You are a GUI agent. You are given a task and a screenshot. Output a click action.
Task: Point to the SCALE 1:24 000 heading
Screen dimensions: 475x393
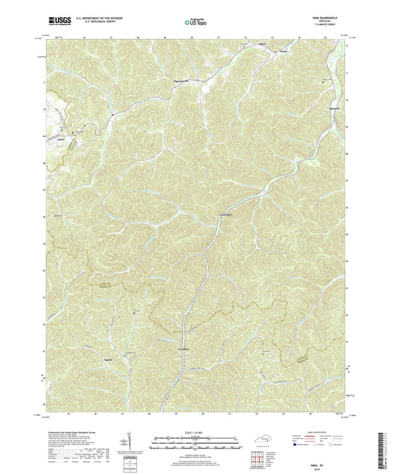(x=196, y=432)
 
